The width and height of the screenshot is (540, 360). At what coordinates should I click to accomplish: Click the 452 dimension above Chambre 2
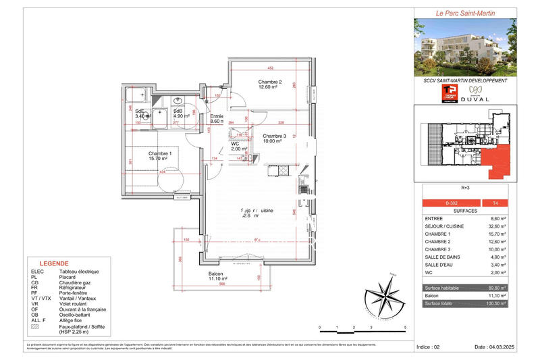(270, 68)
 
